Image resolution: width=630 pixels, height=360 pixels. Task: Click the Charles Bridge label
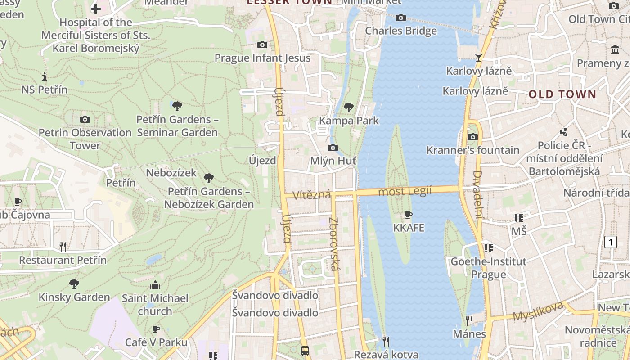tap(400, 31)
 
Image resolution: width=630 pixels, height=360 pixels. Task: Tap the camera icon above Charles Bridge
tap(400, 18)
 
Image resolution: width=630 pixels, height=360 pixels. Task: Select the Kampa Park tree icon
tap(348, 107)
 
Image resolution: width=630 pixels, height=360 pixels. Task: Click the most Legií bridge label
tap(405, 191)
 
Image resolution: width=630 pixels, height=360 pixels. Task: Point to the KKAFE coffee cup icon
tap(409, 215)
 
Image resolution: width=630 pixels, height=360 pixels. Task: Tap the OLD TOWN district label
tap(562, 94)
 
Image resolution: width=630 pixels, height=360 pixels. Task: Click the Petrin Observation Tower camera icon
tap(85, 119)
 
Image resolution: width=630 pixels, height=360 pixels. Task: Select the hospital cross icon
tap(95, 9)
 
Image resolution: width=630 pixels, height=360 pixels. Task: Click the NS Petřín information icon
tap(44, 76)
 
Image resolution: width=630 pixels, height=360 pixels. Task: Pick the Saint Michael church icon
tap(155, 285)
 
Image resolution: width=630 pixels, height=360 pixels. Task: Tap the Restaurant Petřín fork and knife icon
tap(63, 247)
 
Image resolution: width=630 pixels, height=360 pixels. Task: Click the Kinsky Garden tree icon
tap(74, 284)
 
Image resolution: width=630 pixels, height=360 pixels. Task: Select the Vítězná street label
tap(312, 195)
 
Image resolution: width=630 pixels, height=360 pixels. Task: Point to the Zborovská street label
tap(334, 244)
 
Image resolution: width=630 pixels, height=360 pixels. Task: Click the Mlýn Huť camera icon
tap(333, 148)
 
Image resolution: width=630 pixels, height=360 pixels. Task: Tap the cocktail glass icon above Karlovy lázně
tap(478, 57)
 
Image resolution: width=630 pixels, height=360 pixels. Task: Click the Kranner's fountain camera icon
tap(472, 137)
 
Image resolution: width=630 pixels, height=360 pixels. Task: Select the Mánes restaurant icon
tap(469, 320)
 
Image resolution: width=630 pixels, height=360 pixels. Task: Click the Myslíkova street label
tap(538, 311)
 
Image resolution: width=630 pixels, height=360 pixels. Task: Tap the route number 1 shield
tap(610, 242)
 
